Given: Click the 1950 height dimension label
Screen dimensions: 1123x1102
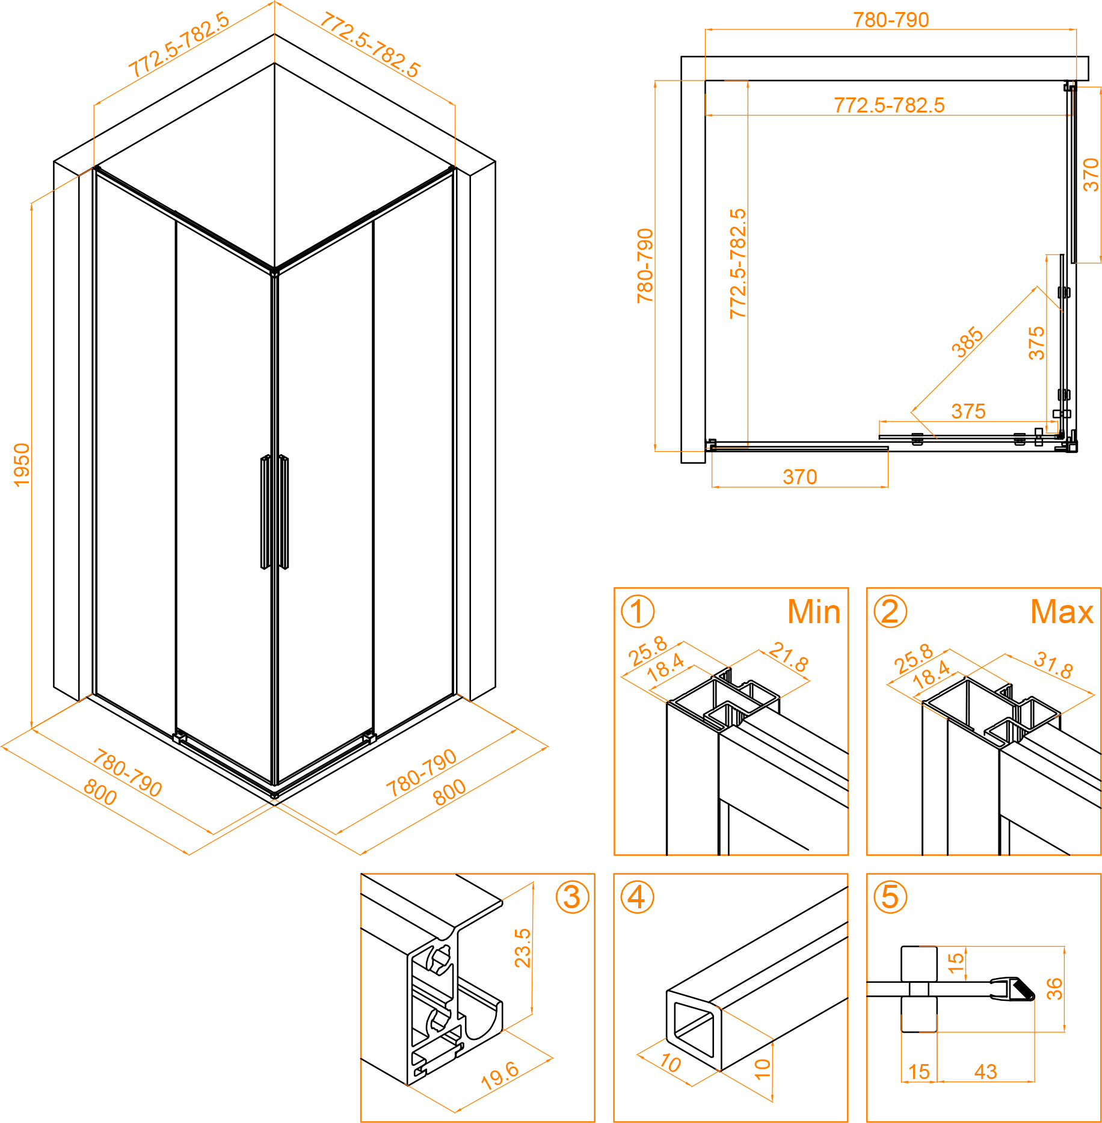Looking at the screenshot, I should (x=22, y=464).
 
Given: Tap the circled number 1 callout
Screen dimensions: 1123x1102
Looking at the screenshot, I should (x=637, y=611).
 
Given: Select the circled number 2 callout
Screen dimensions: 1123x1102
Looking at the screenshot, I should (x=890, y=611).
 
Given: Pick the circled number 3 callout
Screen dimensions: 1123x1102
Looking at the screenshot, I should (x=572, y=897).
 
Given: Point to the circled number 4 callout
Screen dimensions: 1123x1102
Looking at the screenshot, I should (x=637, y=897).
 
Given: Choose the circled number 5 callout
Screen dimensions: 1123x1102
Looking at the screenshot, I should (x=890, y=897).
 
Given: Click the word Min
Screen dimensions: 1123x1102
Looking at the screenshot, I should (x=813, y=612).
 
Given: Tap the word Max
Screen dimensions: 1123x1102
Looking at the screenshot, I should (x=1062, y=612).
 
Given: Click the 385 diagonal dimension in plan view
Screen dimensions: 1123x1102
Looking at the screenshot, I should (x=967, y=342).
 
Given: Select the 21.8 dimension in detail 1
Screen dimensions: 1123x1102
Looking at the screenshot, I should (x=789, y=656).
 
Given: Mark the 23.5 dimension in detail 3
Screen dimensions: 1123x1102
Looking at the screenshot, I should (x=523, y=948).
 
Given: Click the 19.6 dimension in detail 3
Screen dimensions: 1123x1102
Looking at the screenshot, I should (x=500, y=1075).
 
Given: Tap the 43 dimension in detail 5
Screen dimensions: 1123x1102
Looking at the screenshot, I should (x=985, y=1071).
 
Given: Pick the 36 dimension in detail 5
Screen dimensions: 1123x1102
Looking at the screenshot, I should (x=1054, y=989).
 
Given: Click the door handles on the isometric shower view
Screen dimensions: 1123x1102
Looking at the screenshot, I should (x=274, y=512).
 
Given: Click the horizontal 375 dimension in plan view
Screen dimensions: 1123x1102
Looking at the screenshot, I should (x=968, y=411).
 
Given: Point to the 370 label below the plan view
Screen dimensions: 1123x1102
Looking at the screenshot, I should (x=799, y=477).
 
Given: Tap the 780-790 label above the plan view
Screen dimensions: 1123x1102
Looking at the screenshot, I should (x=891, y=20).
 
